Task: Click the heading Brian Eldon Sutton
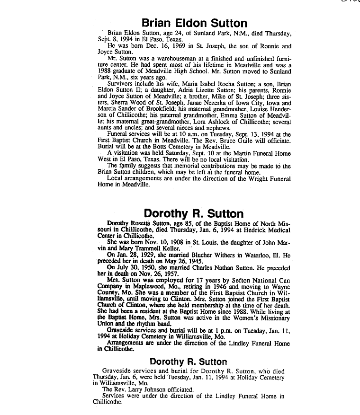pos(194,23)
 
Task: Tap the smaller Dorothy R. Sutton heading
pos(194,362)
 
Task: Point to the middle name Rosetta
pos(144,222)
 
